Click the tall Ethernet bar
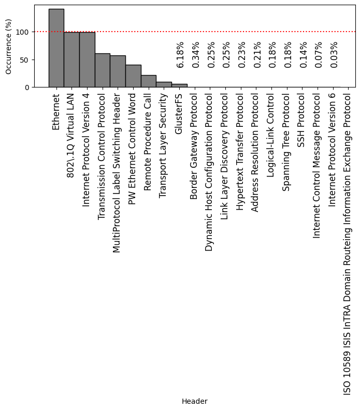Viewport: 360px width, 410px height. [x=56, y=48]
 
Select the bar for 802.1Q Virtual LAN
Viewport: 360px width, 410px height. [x=71, y=60]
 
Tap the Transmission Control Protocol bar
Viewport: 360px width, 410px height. [x=102, y=70]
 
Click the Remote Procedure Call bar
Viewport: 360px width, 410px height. [x=149, y=81]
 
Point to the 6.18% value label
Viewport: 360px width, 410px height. [x=180, y=54]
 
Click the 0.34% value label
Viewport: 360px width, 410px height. [x=196, y=54]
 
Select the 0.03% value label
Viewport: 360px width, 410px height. [x=334, y=54]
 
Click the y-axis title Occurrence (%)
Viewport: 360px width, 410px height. [x=9, y=47]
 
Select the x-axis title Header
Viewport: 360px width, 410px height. [x=195, y=401]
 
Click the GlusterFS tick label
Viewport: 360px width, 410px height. [x=179, y=115]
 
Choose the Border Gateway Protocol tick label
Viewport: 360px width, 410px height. [x=194, y=140]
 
